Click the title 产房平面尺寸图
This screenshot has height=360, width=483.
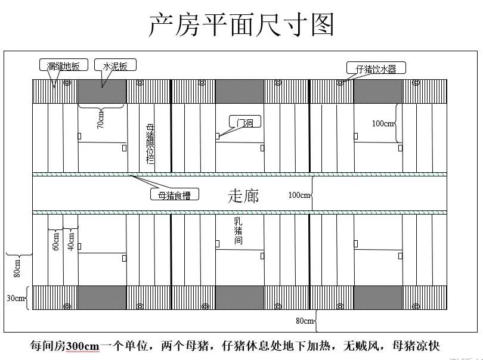click(241, 24)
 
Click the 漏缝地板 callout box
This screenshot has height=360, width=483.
click(64, 65)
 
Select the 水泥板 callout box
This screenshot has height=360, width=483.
click(115, 65)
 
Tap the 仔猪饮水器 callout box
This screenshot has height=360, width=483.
click(376, 68)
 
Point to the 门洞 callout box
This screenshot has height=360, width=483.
click(245, 122)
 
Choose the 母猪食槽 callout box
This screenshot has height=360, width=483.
click(175, 194)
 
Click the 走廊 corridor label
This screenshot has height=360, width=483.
click(243, 196)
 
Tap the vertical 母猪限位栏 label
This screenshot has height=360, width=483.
click(150, 144)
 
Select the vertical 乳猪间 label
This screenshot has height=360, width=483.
click(238, 231)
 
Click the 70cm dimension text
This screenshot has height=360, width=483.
click(100, 120)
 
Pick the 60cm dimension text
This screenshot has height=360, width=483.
click(56, 241)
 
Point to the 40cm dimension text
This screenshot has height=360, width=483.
click(71, 241)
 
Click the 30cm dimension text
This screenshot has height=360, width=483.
click(16, 298)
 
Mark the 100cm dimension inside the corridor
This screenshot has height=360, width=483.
click(299, 195)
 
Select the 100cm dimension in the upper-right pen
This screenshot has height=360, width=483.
click(383, 123)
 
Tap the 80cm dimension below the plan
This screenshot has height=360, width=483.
click(305, 321)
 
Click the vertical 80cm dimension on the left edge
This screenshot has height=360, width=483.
click(17, 268)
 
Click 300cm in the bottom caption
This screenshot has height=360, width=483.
click(82, 346)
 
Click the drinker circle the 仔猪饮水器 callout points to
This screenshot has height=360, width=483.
click(340, 82)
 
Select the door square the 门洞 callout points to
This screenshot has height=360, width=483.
click(217, 136)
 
